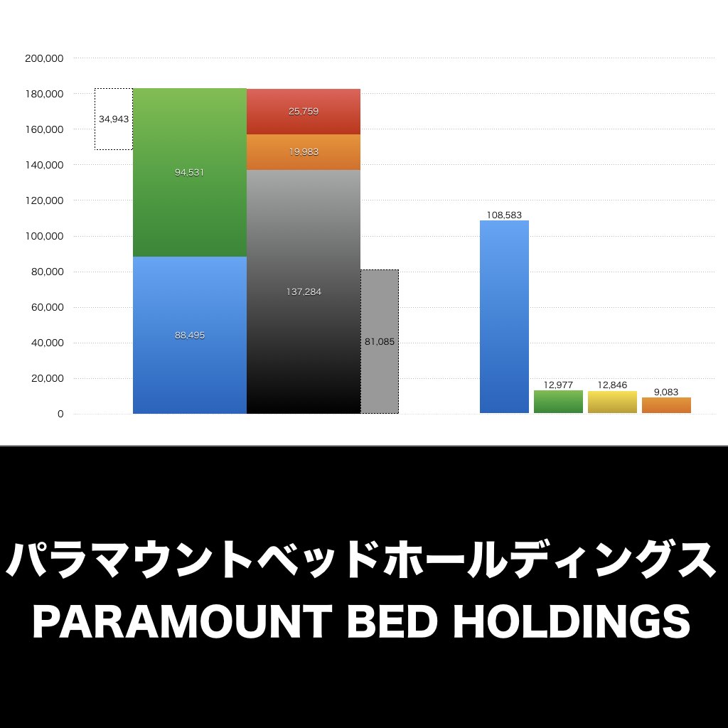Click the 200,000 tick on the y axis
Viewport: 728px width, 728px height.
click(45, 58)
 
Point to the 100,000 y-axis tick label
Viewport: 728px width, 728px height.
click(45, 236)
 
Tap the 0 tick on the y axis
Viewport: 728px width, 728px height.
click(60, 414)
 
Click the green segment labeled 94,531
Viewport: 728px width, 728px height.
click(189, 172)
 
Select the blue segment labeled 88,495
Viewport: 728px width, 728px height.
click(189, 335)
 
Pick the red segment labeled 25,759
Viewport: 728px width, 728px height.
click(304, 112)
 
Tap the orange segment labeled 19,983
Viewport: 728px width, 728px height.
click(304, 152)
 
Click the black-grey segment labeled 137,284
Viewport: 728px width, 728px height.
click(304, 291)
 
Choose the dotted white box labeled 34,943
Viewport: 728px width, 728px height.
click(114, 119)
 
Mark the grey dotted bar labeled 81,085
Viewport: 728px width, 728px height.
click(380, 342)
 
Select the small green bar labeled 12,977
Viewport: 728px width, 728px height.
click(558, 402)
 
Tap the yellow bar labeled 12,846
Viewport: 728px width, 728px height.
click(612, 402)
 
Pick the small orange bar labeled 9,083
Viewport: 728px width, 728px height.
click(666, 405)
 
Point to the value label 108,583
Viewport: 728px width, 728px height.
click(504, 215)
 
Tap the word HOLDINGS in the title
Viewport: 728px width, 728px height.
click(572, 623)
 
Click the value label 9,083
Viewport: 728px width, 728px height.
click(666, 392)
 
